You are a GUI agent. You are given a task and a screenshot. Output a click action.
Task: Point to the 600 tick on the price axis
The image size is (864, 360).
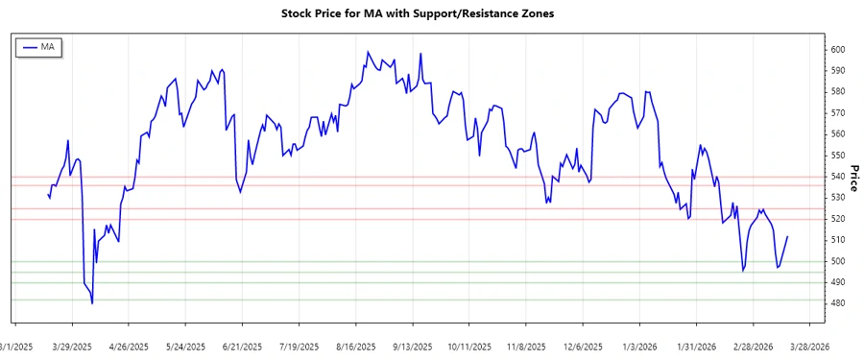tap(837, 50)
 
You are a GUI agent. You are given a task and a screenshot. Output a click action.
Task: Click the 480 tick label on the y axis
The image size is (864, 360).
tap(837, 303)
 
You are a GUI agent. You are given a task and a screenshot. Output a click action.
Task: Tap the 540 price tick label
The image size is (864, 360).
tap(837, 177)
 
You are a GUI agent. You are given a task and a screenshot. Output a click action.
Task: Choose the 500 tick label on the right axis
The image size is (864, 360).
tap(837, 261)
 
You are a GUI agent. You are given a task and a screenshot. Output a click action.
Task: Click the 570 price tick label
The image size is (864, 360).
tap(837, 113)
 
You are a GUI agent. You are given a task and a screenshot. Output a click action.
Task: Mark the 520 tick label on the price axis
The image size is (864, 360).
tap(837, 219)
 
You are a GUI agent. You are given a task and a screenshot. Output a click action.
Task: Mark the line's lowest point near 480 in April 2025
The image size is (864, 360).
tap(92, 303)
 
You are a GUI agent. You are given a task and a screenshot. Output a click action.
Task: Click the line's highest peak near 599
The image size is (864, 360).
tap(368, 52)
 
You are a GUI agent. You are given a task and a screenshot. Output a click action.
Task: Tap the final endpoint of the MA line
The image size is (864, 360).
tap(787, 236)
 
